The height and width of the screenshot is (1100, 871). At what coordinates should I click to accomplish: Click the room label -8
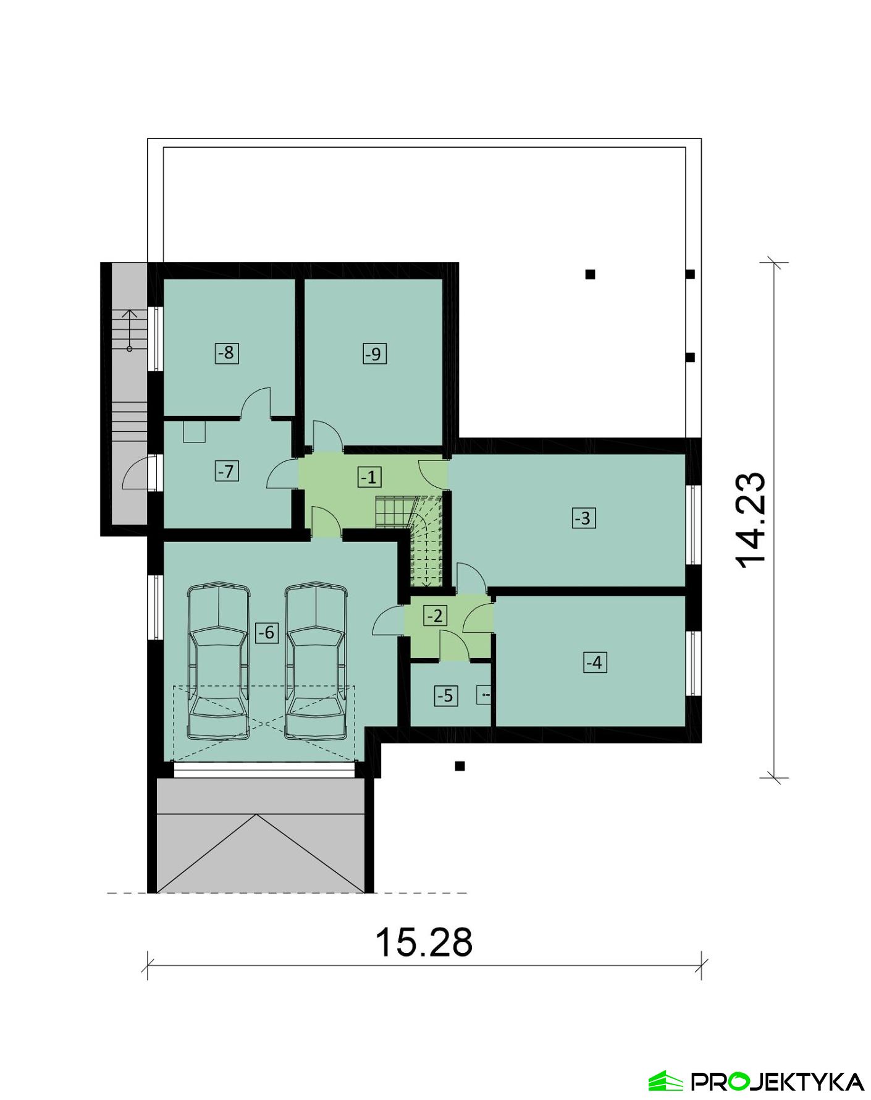pos(227,353)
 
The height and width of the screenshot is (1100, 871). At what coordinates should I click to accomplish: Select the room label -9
pos(374,354)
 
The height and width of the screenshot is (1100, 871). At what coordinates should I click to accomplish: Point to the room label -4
pos(594,662)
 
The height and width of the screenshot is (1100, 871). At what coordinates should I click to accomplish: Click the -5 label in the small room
pos(445,696)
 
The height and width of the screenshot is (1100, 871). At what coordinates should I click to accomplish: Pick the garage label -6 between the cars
pos(266,632)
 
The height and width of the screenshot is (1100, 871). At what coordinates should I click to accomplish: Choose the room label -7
pos(227,472)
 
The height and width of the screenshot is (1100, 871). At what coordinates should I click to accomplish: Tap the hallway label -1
pos(369,477)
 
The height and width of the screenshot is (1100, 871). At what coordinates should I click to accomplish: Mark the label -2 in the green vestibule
pos(435,616)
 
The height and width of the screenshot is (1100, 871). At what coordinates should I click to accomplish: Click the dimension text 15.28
pos(424,942)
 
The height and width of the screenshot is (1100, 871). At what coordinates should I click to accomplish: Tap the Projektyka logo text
pos(776,1081)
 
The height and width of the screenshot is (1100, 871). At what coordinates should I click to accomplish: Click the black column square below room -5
pos(460,766)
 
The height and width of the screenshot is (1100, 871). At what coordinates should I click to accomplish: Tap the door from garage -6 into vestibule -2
pos(389,620)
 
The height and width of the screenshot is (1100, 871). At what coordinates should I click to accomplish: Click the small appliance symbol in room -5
pos(484,696)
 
